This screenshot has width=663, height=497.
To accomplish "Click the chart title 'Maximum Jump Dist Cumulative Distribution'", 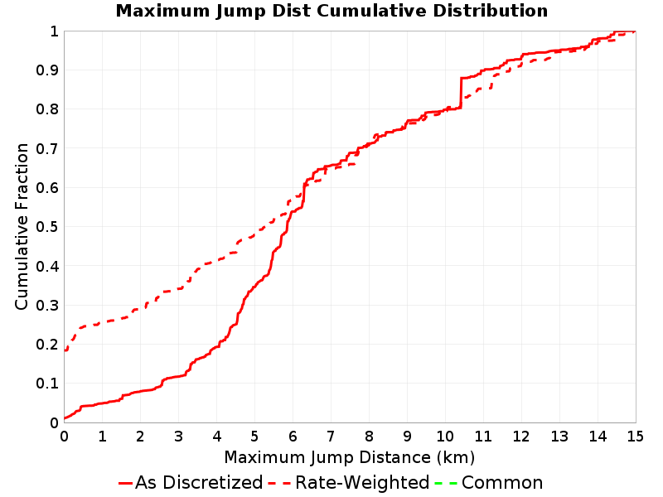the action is pyautogui.click(x=331, y=11).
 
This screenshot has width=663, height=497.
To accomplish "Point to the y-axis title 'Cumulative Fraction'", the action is pyautogui.click(x=22, y=226).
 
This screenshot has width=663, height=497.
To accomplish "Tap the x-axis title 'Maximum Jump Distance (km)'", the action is pyautogui.click(x=350, y=458).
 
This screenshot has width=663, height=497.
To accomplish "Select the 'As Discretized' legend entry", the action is pyautogui.click(x=191, y=483).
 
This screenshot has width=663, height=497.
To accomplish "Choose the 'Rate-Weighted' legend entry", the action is pyautogui.click(x=349, y=483).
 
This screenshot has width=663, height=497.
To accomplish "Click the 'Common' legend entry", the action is pyautogui.click(x=489, y=483).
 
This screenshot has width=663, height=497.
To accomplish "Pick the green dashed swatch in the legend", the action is pyautogui.click(x=446, y=483).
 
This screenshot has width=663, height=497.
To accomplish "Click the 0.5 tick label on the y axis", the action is pyautogui.click(x=47, y=227).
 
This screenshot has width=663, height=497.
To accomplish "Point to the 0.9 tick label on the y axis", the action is pyautogui.click(x=47, y=70).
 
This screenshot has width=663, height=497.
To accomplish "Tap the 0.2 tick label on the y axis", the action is pyautogui.click(x=47, y=345).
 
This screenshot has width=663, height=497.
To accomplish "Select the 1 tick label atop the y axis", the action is pyautogui.click(x=54, y=31).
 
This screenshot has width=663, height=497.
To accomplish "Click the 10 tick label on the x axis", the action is pyautogui.click(x=445, y=437).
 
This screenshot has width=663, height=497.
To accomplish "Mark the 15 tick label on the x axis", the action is pyautogui.click(x=635, y=437).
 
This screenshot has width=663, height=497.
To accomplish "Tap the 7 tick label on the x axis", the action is pyautogui.click(x=331, y=437).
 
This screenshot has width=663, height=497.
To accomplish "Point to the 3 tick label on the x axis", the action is pyautogui.click(x=178, y=437).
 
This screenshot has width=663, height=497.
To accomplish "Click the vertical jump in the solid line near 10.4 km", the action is pyautogui.click(x=461, y=93).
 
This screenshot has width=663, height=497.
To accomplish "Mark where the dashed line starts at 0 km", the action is pyautogui.click(x=65, y=350).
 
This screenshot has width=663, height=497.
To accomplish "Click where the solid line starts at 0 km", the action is pyautogui.click(x=65, y=418).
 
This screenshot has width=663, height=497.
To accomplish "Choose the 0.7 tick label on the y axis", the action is pyautogui.click(x=47, y=149).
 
